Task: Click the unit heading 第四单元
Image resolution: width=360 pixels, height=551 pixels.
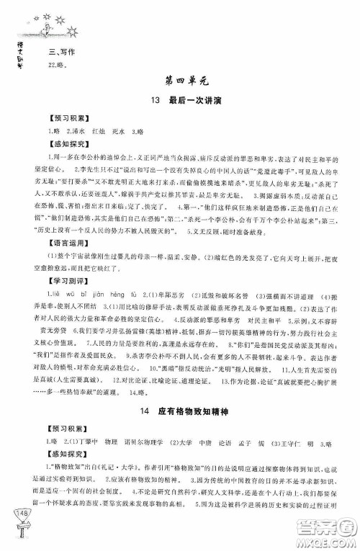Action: coord(181,81)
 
